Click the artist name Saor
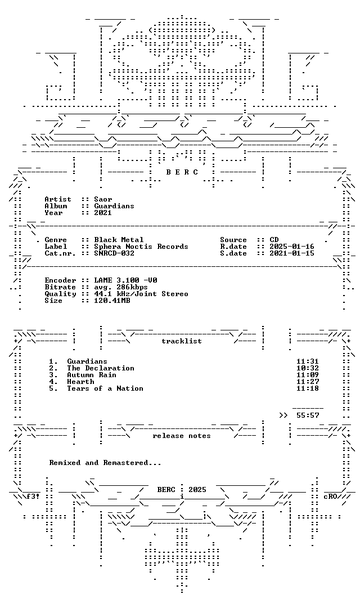[x=103, y=199]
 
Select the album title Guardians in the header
[x=114, y=206]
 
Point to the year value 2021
[x=103, y=212]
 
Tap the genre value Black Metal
[x=119, y=240]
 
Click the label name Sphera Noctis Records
[x=141, y=247]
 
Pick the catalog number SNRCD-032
[x=114, y=253]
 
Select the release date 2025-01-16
[x=292, y=247]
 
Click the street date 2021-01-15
[x=292, y=253]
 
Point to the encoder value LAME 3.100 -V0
[x=125, y=280]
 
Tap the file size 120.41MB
[x=112, y=301]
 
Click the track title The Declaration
[x=100, y=368]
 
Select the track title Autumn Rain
[x=92, y=375]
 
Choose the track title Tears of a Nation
[x=105, y=388]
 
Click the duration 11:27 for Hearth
[x=308, y=382]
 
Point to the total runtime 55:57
[x=308, y=415]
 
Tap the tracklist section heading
[x=181, y=341]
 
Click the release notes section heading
[x=181, y=436]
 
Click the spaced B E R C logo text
[x=182, y=172]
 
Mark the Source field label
[x=233, y=240]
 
